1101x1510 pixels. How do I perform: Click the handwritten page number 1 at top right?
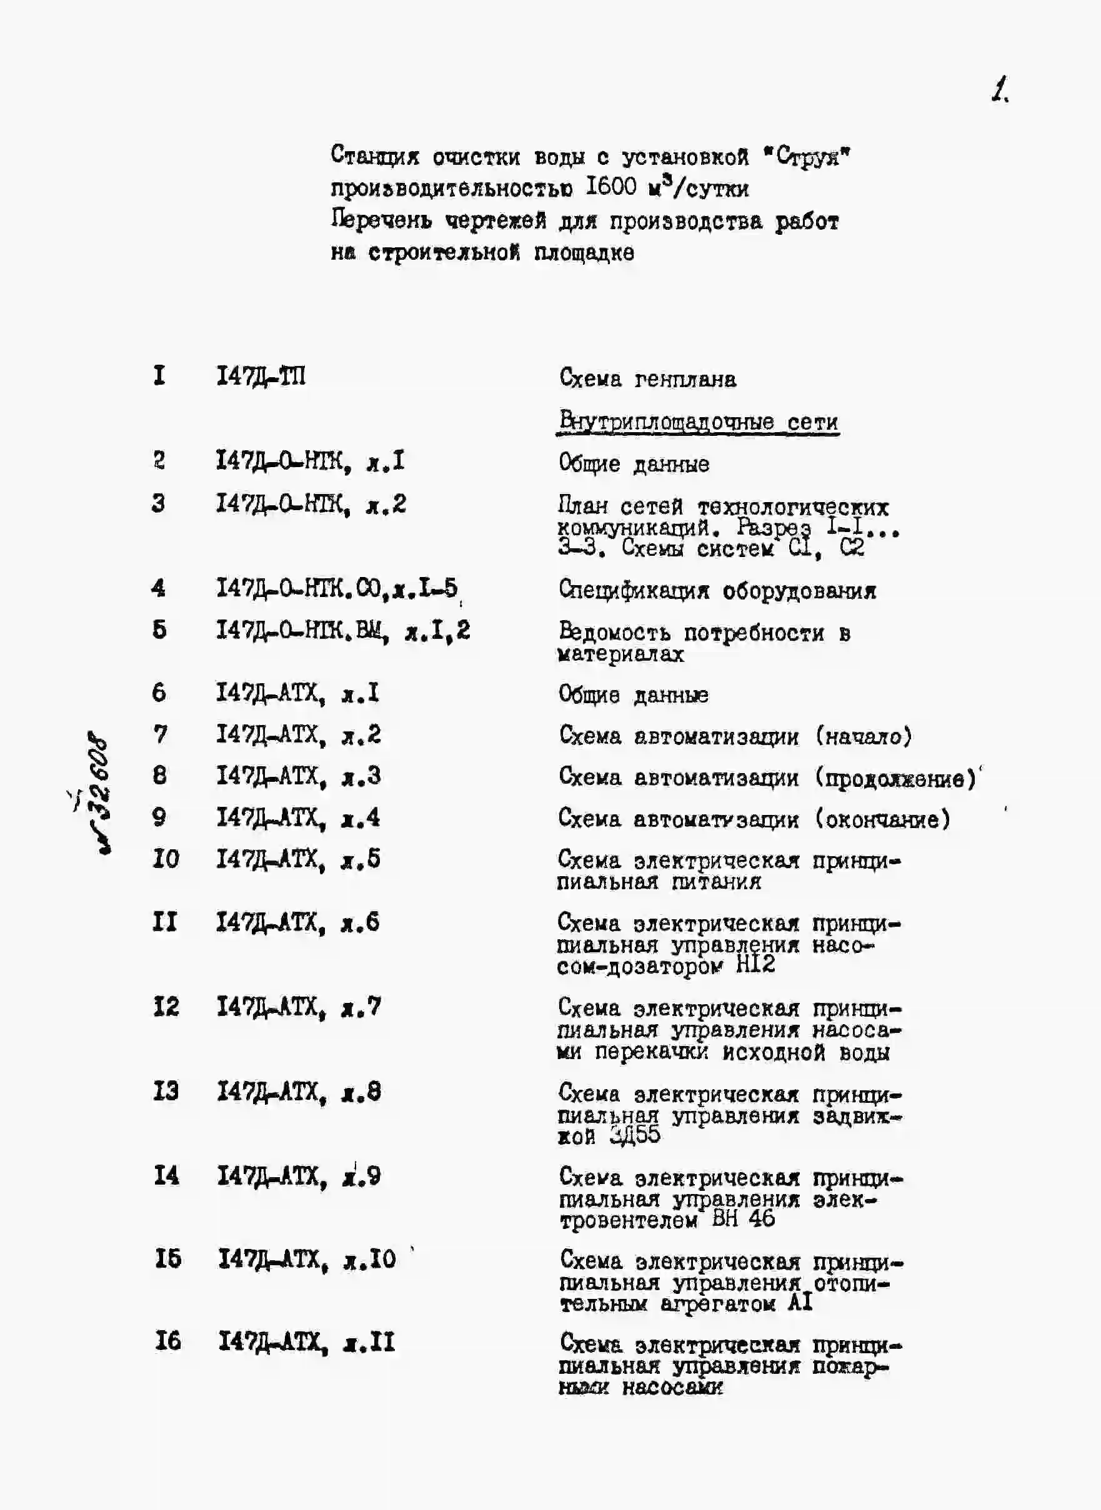(999, 89)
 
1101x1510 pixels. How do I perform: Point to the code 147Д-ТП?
(261, 377)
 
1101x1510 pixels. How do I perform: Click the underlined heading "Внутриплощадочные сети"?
(698, 422)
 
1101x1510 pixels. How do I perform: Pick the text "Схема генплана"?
(647, 379)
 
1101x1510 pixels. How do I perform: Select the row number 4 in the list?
(158, 588)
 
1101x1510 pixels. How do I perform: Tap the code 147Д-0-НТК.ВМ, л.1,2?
(342, 630)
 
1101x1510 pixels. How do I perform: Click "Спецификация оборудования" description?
(717, 590)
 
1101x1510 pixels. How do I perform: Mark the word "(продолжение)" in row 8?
(894, 778)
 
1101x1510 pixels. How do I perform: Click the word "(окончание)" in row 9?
(881, 819)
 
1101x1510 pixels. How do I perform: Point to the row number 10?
(166, 859)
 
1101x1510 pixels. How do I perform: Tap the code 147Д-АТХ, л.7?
(298, 1007)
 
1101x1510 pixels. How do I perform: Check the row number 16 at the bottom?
(167, 1341)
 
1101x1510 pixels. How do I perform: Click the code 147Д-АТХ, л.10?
(307, 1259)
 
